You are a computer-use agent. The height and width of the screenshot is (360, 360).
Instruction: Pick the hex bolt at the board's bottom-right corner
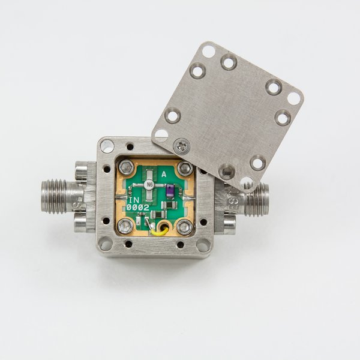click(x=185, y=226)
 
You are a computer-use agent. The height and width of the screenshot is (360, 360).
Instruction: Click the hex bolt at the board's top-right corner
click(x=185, y=168)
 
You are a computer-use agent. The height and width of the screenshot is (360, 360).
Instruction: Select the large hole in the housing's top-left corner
click(x=107, y=145)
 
